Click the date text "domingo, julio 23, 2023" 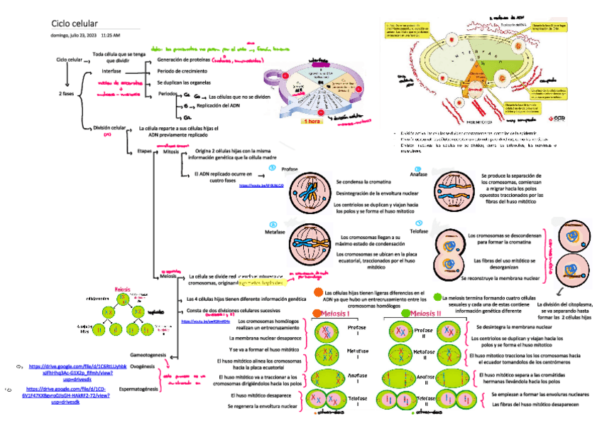click(x=74, y=35)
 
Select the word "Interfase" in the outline click(x=111, y=72)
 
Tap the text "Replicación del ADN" click(x=217, y=105)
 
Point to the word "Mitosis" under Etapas click(x=171, y=151)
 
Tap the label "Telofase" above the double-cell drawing click(x=419, y=232)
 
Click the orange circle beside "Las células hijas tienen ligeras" click(x=316, y=293)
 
